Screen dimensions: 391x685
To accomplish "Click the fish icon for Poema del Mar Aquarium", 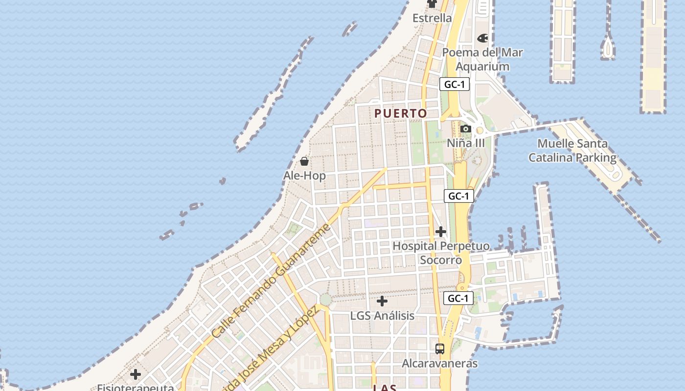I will (482, 38).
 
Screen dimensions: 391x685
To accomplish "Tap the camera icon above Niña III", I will (466, 129).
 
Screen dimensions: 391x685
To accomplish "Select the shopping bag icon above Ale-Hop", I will (304, 161).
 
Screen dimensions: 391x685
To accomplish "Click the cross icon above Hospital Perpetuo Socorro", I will (441, 232).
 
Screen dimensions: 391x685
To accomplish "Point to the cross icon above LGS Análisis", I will (382, 301).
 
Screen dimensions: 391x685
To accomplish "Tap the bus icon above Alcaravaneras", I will (440, 349).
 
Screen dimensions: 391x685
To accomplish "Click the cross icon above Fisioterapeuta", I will (136, 375).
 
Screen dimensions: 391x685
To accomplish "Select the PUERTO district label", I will (401, 113).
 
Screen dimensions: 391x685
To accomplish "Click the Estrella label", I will (432, 18).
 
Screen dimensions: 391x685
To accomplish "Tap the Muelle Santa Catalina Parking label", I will (572, 151).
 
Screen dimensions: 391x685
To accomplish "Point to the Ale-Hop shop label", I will (304, 175).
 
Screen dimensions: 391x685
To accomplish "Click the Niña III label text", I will (466, 143).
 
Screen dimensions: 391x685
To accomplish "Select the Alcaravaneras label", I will (439, 363).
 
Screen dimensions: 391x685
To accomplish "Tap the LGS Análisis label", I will (382, 316).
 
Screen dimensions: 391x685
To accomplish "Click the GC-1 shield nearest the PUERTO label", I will (454, 84).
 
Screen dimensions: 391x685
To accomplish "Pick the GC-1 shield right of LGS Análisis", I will (458, 298).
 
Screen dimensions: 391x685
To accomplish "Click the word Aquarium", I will (482, 66).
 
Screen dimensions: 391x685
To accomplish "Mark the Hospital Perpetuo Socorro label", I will (441, 253).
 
